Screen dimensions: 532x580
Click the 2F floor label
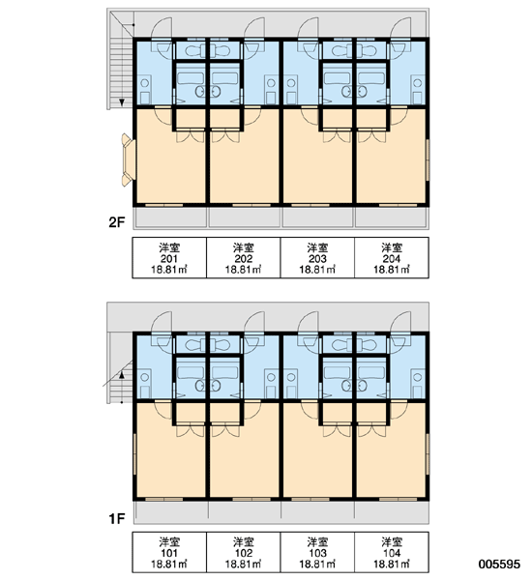click(x=117, y=222)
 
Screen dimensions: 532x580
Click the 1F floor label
click(x=117, y=518)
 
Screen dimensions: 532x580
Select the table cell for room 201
click(x=169, y=258)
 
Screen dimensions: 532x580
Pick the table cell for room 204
click(x=392, y=258)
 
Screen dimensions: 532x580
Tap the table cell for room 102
click(x=244, y=553)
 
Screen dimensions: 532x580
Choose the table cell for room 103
click(x=317, y=553)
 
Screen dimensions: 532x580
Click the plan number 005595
click(x=499, y=564)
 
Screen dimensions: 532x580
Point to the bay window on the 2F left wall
click(x=128, y=159)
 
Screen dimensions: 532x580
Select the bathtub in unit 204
click(x=371, y=78)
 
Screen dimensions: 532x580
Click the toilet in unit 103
click(x=340, y=345)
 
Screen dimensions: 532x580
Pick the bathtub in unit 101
click(x=191, y=372)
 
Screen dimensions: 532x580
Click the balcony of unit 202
click(x=245, y=217)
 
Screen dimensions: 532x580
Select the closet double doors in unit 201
click(x=191, y=137)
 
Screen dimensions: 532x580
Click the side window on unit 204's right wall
click(x=428, y=159)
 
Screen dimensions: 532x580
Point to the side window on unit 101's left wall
click(x=134, y=454)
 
